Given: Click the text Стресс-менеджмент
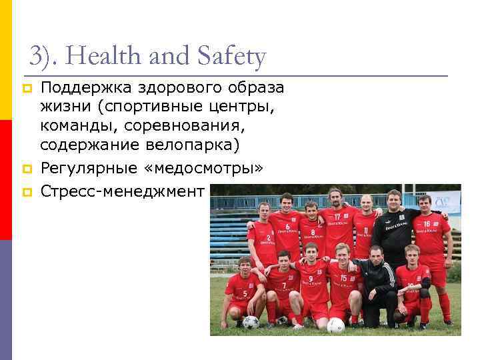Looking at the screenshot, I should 122,191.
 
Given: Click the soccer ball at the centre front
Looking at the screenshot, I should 335,325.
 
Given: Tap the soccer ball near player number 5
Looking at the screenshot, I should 251,323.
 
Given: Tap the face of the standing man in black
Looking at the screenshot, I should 393,199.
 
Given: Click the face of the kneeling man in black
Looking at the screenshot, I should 377,255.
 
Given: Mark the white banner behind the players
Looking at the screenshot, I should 445,201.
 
